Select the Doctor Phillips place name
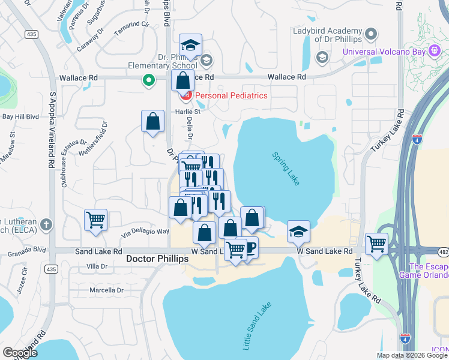tap(158, 258)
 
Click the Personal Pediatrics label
tap(230, 95)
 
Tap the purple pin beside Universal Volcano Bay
tap(372, 34)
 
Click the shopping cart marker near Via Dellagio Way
tap(96, 220)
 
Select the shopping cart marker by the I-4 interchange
tap(376, 244)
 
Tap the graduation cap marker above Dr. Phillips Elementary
tap(191, 44)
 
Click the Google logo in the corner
tap(19, 353)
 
